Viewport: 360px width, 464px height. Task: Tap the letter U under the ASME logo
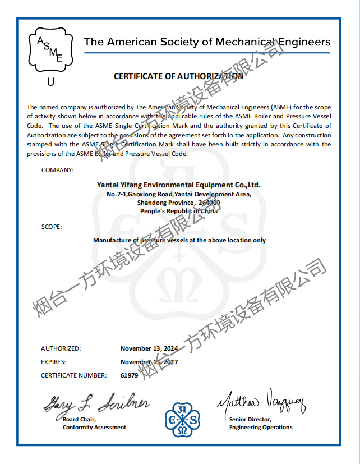(50, 82)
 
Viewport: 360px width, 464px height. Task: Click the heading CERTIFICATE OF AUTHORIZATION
(178, 76)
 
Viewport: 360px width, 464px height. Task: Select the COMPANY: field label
(57, 170)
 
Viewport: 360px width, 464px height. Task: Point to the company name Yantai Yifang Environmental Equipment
(178, 185)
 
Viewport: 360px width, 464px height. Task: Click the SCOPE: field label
(52, 227)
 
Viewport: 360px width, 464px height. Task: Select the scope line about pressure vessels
(179, 240)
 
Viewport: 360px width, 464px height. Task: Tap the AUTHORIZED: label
(61, 348)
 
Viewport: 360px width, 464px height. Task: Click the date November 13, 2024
(149, 348)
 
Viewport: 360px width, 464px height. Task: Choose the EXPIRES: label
(54, 362)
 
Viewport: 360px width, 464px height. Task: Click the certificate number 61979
(129, 375)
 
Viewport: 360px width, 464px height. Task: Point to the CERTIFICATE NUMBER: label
(73, 375)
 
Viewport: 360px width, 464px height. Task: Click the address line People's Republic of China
(178, 211)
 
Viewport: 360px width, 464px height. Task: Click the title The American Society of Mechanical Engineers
(207, 42)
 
